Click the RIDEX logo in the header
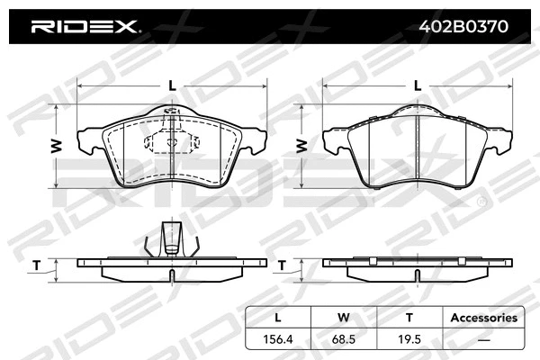click(x=85, y=26)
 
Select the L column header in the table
click(x=278, y=318)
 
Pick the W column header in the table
click(x=343, y=318)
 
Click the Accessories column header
click(x=483, y=318)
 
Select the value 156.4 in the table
click(x=278, y=338)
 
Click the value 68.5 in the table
click(x=343, y=338)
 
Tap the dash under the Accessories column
click(x=483, y=338)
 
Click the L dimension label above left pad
click(x=172, y=85)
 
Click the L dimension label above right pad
click(x=417, y=85)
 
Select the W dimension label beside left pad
click(x=55, y=146)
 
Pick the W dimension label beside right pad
click(x=301, y=146)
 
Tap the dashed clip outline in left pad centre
click(x=171, y=140)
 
